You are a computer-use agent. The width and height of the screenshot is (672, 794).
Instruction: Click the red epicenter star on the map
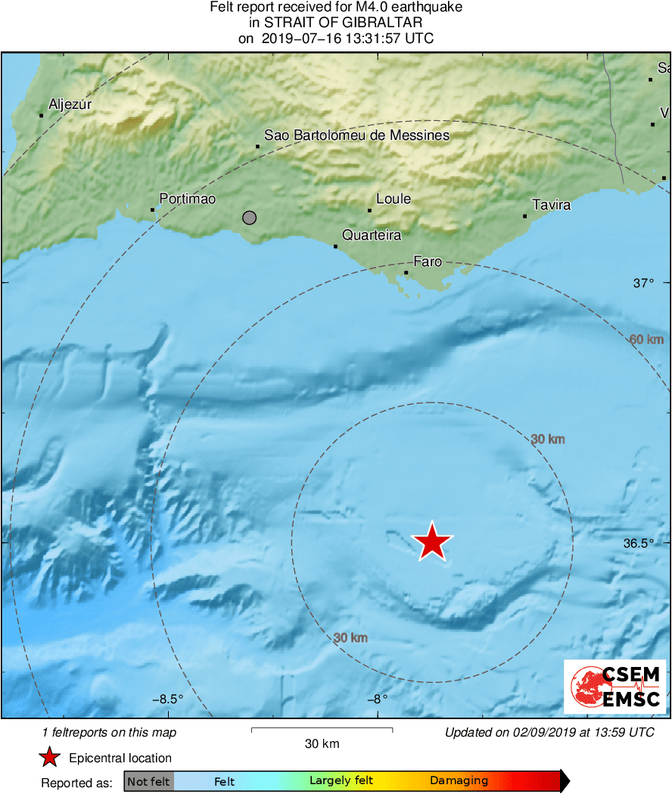432,541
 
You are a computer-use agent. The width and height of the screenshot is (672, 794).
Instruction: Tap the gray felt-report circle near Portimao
250,218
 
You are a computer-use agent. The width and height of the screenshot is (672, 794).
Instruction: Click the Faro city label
428,262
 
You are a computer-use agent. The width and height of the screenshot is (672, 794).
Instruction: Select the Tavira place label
551,205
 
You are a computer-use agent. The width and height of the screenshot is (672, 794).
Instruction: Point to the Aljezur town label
70,105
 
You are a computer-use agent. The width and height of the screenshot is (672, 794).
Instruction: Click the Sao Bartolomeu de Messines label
356,135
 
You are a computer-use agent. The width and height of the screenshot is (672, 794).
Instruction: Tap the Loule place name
394,199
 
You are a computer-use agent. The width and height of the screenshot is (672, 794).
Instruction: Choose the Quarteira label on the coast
372,235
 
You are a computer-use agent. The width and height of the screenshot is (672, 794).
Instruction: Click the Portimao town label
188,199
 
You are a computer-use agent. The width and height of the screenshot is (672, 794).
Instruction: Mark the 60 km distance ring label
646,340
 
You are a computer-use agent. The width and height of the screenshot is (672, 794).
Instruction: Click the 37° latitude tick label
642,283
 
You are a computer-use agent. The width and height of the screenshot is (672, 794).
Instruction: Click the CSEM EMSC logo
615,686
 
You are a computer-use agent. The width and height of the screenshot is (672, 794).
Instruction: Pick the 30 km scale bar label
322,743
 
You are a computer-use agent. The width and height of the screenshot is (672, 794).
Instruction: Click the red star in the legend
50,758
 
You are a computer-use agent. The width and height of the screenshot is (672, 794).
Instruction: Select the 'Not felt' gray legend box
148,781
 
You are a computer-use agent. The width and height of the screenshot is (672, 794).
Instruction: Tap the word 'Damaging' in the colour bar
459,781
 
